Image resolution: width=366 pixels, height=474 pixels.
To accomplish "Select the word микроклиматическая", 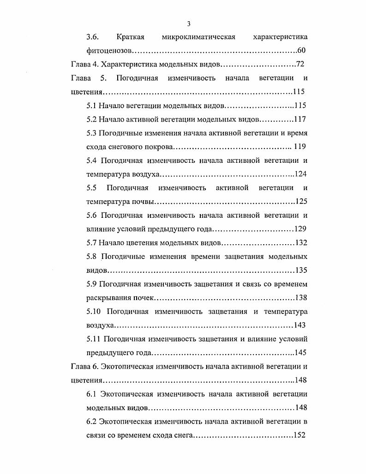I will (x=199, y=37).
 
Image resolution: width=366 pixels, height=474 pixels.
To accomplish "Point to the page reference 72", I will (x=300, y=64).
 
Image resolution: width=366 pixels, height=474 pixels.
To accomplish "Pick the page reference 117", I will (x=300, y=119).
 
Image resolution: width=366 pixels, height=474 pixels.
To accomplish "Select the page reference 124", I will (x=301, y=174).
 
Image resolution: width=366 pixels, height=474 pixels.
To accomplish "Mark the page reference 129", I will (x=300, y=229).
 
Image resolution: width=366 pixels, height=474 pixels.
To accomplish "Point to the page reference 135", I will (x=301, y=270).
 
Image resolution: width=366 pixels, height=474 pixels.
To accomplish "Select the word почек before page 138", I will (x=144, y=298).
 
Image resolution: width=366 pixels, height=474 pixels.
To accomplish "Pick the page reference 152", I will (x=300, y=435).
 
